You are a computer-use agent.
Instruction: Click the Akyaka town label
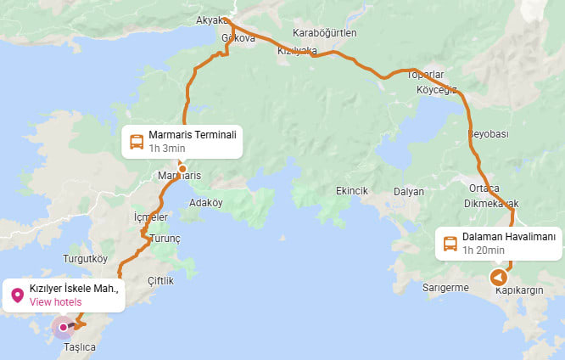coord(211,20)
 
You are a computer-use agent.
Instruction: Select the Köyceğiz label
coord(431,89)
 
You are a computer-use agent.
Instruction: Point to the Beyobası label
coord(488,134)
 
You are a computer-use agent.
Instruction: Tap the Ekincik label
coord(351,191)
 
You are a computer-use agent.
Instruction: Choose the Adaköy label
coord(205,203)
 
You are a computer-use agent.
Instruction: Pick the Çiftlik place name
coord(160,281)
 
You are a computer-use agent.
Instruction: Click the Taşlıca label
coord(80,347)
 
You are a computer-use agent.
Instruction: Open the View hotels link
coord(55,301)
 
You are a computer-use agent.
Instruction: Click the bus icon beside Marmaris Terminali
coord(136,141)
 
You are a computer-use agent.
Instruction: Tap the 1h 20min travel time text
coord(484,250)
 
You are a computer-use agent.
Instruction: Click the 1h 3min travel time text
coord(166,148)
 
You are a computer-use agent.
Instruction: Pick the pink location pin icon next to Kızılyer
coord(16,295)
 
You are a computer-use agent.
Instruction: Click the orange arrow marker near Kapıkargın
coord(498,278)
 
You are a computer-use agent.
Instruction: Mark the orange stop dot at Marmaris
coord(182,168)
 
